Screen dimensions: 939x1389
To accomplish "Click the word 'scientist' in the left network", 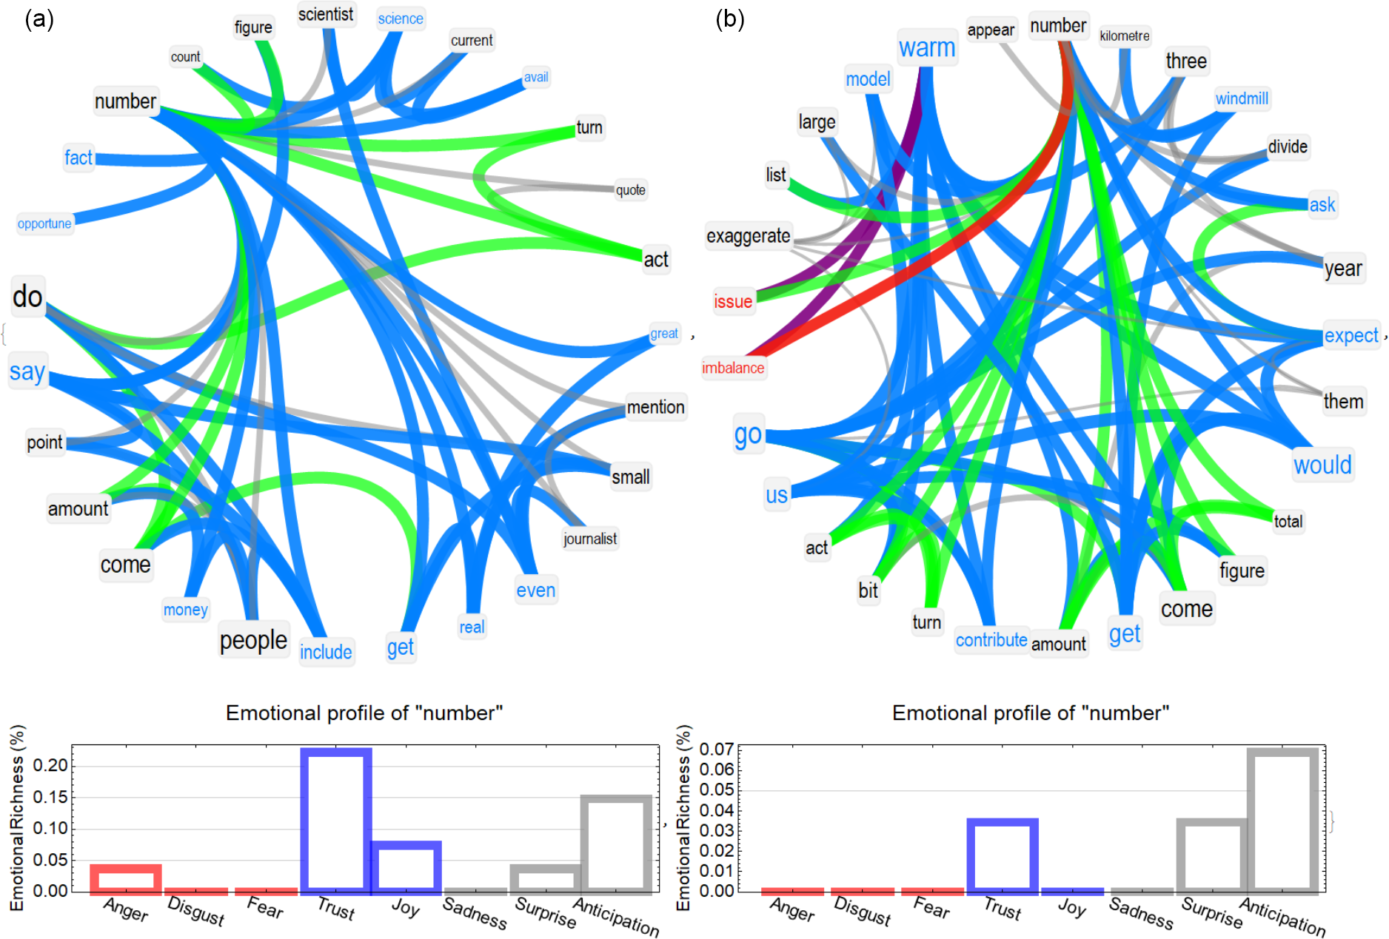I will click(326, 15).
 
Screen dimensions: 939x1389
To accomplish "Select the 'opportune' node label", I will click(44, 223).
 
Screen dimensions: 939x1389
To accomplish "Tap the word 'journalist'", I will click(590, 539).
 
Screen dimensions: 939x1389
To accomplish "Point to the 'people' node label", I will click(253, 640).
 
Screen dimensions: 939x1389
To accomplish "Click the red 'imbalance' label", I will click(733, 368).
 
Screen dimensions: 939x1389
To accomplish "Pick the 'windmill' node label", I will click(1242, 98).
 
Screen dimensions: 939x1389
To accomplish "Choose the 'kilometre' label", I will click(1124, 36).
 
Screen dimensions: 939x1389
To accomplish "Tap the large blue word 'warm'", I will click(927, 48).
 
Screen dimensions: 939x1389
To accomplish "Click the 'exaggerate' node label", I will click(748, 236).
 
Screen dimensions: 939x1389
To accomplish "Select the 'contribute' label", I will click(991, 640).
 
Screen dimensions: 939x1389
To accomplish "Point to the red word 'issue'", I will click(733, 301).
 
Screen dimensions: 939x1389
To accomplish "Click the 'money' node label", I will click(185, 610).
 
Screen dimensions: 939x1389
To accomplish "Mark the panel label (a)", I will click(39, 19).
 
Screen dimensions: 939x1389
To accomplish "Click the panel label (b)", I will click(729, 19).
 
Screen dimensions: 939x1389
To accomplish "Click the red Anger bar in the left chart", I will click(126, 878).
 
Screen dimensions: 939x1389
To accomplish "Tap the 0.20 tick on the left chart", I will click(50, 765).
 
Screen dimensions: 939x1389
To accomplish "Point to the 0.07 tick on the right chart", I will click(716, 749).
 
